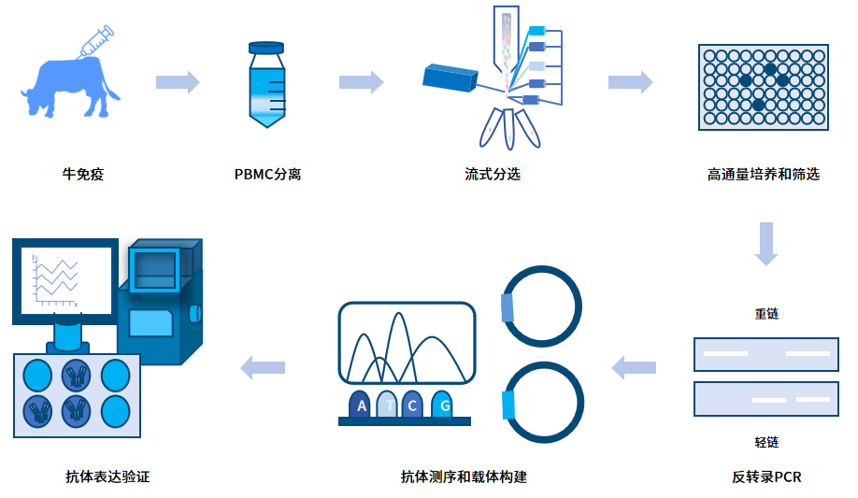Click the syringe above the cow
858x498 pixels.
96,41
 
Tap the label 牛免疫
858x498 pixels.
82,174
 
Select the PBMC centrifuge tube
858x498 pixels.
266,85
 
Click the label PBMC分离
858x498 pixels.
267,174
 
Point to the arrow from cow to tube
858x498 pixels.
178,82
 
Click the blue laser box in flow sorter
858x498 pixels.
451,80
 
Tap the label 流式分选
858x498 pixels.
493,174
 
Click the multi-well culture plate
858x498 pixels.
763,87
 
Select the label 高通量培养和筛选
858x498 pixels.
764,174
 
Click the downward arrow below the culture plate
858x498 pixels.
766,243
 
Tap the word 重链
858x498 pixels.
766,314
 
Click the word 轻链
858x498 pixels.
766,442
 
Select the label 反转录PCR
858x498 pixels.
766,477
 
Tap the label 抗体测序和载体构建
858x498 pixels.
464,477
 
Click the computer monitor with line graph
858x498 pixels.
64,279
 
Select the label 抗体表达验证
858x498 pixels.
107,477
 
